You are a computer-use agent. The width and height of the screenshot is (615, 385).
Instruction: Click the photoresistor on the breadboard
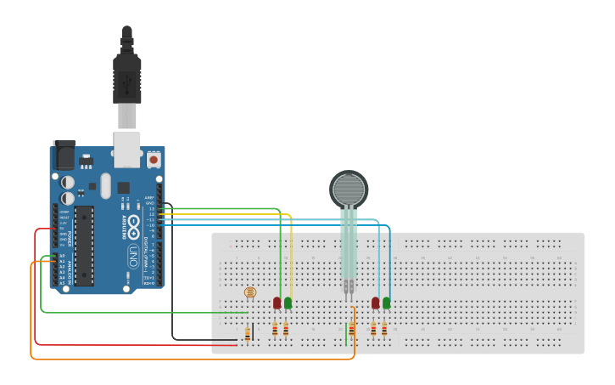249,293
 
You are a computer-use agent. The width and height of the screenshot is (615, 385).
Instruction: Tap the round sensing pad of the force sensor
348,189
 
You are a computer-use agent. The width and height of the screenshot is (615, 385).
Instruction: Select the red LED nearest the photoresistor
277,303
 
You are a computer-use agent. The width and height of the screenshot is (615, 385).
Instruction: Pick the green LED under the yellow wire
288,303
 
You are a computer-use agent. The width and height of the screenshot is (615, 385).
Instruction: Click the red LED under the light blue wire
375,303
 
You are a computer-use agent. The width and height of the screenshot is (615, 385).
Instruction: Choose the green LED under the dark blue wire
387,303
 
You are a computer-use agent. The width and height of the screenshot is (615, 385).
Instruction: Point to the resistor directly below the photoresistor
247,334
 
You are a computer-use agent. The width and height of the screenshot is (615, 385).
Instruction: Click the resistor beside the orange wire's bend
351,329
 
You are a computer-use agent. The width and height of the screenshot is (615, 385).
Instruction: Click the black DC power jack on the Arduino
64,156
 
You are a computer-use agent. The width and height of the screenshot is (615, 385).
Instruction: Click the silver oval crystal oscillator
105,185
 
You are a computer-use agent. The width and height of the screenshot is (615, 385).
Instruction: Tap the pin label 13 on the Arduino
152,209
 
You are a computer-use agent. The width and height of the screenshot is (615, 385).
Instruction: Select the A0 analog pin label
62,255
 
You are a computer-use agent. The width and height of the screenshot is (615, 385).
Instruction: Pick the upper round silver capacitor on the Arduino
67,182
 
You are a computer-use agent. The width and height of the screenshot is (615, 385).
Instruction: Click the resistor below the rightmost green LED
384,329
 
